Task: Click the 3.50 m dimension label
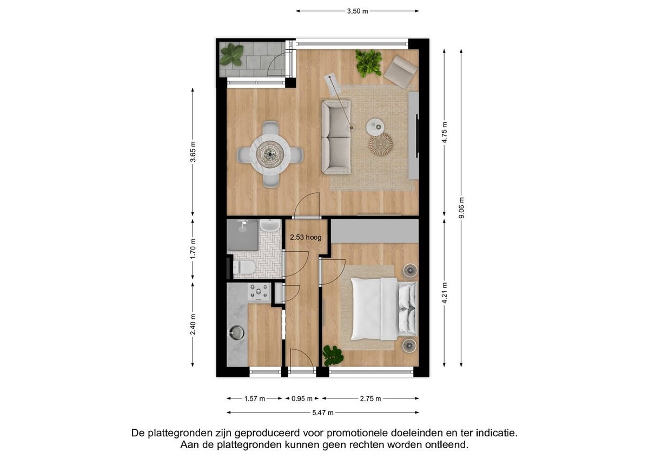[357, 11]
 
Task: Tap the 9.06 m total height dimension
[461, 208]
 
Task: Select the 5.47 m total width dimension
[323, 412]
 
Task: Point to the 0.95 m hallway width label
[302, 399]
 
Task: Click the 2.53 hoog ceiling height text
[306, 238]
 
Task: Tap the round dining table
[270, 154]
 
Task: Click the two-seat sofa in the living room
[336, 137]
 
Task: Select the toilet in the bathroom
[244, 267]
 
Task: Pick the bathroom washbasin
[270, 226]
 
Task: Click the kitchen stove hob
[259, 292]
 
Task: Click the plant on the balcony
[231, 55]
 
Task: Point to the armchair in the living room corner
[400, 72]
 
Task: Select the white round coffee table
[375, 127]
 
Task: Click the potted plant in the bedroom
[333, 356]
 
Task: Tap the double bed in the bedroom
[384, 309]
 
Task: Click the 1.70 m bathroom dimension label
[193, 248]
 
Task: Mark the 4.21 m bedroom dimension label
[445, 293]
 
